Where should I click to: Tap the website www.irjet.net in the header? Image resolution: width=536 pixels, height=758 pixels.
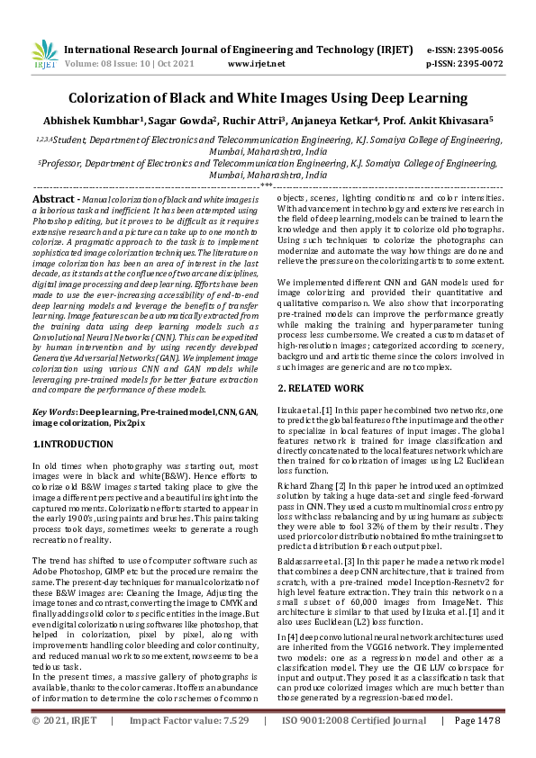[x=256, y=64]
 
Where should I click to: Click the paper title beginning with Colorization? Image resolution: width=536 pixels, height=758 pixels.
[x=268, y=98]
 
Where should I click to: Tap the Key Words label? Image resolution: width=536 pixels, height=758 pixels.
[x=54, y=411]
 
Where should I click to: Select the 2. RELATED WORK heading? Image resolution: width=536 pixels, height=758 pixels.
[x=321, y=388]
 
